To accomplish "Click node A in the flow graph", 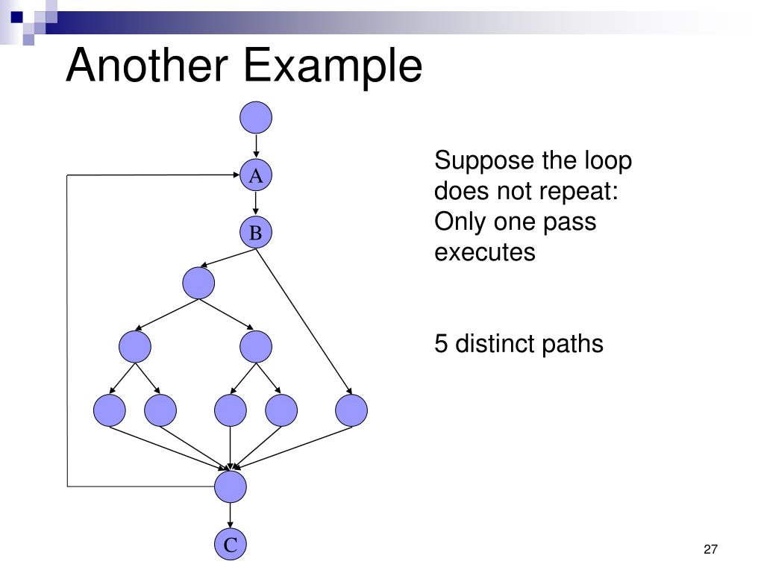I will [256, 176].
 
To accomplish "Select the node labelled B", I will [256, 234].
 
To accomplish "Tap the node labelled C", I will [230, 545].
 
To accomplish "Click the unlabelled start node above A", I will [256, 118].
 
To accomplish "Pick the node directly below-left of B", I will [198, 283].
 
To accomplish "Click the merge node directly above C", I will [230, 486].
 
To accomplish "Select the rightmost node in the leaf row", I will [351, 410].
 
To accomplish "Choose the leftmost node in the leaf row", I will [110, 410].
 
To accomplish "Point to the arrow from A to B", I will [256, 204].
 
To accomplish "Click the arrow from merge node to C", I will [230, 516].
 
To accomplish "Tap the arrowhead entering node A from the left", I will [235, 175].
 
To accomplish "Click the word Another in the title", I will [146, 66].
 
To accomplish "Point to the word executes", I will [485, 252].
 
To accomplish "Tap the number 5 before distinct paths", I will [442, 344].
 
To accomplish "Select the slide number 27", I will [710, 550].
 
